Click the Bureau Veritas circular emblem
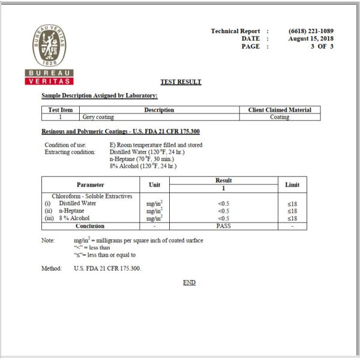pos(50,47)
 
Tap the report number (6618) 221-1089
pos(311,31)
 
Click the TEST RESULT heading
pos(181,82)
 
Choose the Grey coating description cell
pos(98,117)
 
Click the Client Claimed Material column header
pos(280,110)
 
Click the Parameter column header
pos(90,185)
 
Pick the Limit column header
pos(292,185)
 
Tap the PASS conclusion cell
pos(223,226)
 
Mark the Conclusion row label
pos(90,226)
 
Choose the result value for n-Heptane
pos(223,211)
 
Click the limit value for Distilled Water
pos(292,203)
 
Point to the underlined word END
pos(189,283)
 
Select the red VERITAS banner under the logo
pos(50,81)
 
